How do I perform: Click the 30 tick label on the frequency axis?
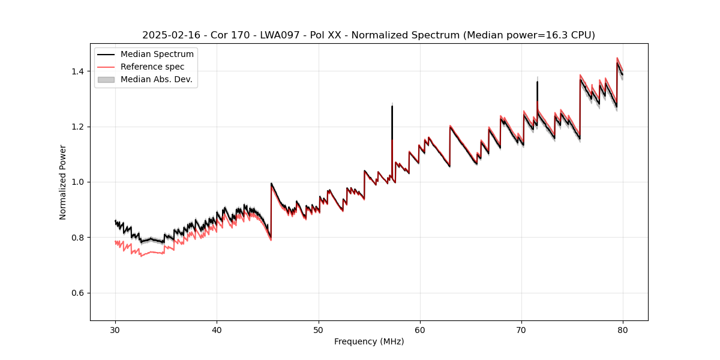(x=115, y=330)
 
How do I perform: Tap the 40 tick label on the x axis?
(x=217, y=330)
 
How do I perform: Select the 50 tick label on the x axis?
(x=318, y=330)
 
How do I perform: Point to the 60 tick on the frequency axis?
(x=420, y=330)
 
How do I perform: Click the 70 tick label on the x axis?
(x=521, y=330)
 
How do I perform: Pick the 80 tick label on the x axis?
(x=623, y=330)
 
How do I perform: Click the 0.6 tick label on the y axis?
(x=78, y=293)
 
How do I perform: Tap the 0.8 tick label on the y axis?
(x=78, y=238)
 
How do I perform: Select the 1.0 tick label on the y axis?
(x=78, y=182)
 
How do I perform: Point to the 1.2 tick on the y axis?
(x=78, y=127)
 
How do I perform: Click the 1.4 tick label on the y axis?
(x=78, y=71)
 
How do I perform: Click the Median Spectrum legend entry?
(x=157, y=55)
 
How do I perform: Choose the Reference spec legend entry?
(x=152, y=67)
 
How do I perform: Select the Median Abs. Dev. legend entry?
(x=156, y=79)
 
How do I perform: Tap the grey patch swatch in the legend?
(x=106, y=79)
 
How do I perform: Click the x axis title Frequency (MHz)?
(x=369, y=341)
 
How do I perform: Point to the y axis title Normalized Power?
(x=63, y=182)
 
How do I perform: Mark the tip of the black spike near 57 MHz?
(x=392, y=106)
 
